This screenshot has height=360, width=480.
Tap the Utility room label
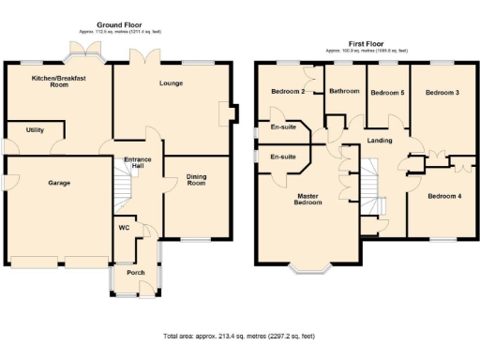36,130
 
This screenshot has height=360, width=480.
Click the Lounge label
171,83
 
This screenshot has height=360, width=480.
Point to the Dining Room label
195,180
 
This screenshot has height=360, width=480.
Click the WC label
124,228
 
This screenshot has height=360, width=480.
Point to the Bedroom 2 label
288,92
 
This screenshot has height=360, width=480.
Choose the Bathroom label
344,91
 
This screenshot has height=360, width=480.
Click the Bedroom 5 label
387,93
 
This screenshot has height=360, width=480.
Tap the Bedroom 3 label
442,93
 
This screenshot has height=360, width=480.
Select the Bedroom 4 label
443,196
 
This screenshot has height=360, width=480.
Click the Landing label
380,141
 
